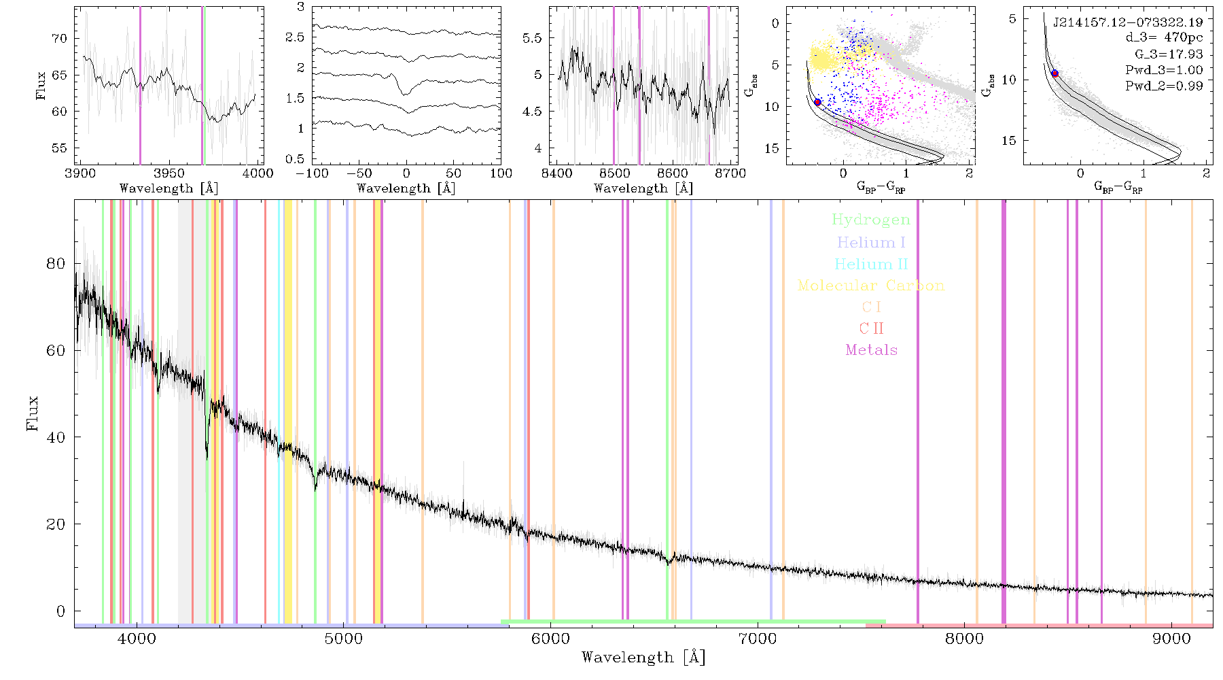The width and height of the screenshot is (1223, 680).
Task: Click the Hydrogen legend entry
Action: pyautogui.click(x=871, y=220)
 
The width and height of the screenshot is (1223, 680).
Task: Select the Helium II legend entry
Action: pyautogui.click(x=871, y=264)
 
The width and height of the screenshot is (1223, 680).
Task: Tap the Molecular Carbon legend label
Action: pyautogui.click(x=871, y=286)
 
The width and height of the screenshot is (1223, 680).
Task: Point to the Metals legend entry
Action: pyautogui.click(x=872, y=350)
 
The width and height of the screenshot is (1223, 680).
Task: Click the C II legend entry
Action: pyautogui.click(x=871, y=328)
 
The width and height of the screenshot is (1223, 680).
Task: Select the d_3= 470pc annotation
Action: pyautogui.click(x=1164, y=38)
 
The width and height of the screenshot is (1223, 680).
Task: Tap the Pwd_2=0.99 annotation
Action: pyautogui.click(x=1164, y=86)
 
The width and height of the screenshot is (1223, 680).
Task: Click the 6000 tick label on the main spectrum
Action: pyautogui.click(x=550, y=639)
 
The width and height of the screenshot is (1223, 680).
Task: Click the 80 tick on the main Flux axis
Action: pyautogui.click(x=56, y=264)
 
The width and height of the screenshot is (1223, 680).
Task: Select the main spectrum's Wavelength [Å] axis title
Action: pyautogui.click(x=643, y=658)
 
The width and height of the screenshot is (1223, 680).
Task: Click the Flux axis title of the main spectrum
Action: pyautogui.click(x=32, y=413)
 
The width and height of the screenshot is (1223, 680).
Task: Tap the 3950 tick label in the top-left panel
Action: pyautogui.click(x=169, y=173)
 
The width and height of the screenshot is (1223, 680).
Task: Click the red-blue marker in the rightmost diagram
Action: pyautogui.click(x=1054, y=73)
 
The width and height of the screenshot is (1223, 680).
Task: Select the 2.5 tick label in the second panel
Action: pyautogui.click(x=295, y=37)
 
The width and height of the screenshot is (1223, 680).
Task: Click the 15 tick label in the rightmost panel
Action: pyautogui.click(x=1009, y=141)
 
